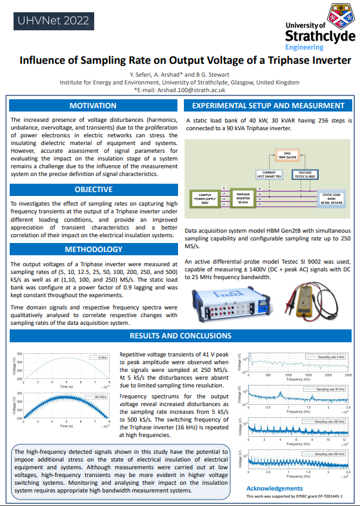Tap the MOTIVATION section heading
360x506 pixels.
(93, 106)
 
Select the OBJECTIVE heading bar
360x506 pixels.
(93, 190)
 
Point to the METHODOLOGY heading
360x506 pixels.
(93, 249)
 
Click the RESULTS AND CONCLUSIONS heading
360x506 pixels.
(179, 336)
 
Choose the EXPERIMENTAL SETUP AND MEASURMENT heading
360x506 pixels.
(268, 106)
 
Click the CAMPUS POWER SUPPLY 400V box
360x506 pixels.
(205, 198)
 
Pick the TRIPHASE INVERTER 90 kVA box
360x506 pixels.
(243, 198)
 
